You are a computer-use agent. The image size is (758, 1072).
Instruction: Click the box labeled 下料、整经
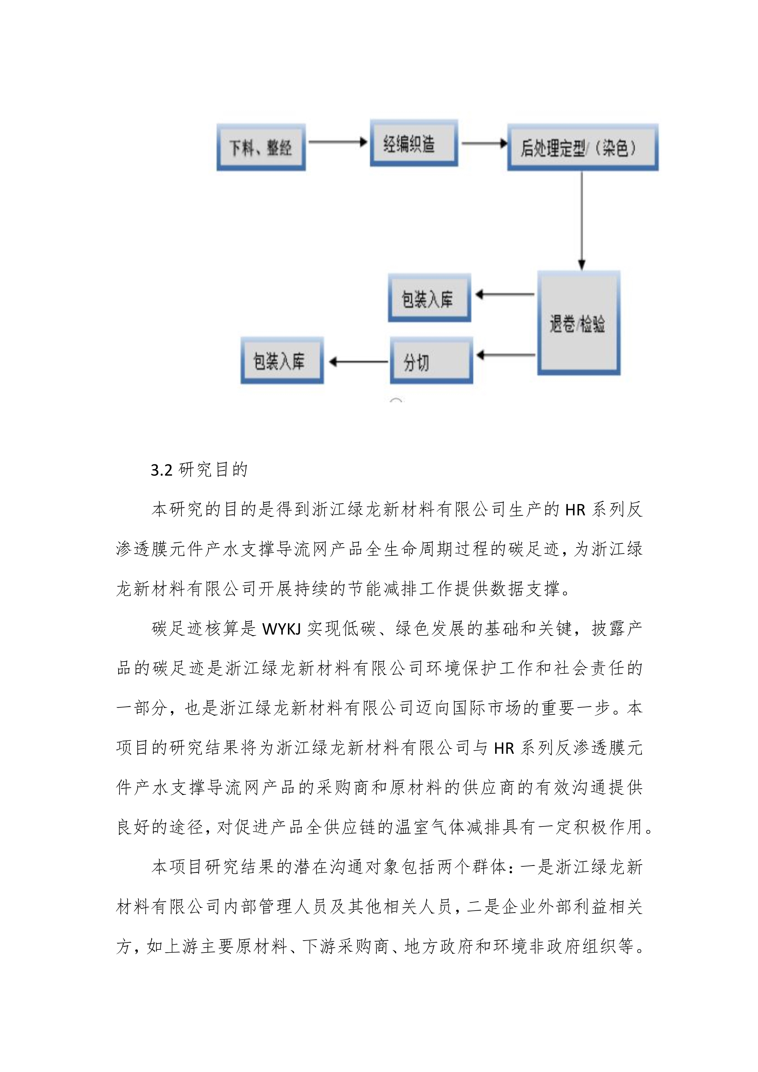pyautogui.click(x=261, y=147)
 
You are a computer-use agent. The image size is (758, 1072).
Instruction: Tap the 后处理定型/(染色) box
pyautogui.click(x=583, y=147)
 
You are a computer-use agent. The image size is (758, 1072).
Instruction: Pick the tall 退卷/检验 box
pyautogui.click(x=579, y=322)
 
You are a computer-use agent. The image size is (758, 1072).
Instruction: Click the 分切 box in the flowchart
pyautogui.click(x=431, y=360)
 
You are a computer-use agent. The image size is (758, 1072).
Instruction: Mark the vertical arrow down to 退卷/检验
pyautogui.click(x=582, y=221)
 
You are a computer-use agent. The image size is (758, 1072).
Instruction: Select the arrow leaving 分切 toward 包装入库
pyautogui.click(x=358, y=361)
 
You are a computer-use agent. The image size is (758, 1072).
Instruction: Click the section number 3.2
pyautogui.click(x=161, y=470)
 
